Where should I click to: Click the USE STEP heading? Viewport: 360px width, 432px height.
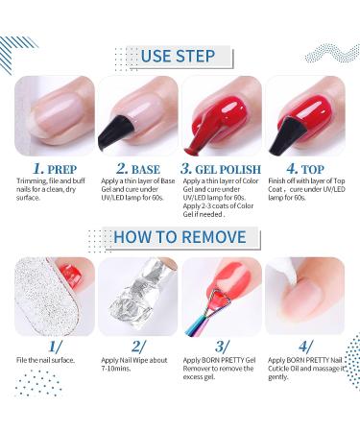(x=180, y=55)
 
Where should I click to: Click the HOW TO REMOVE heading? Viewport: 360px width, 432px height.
(x=180, y=236)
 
